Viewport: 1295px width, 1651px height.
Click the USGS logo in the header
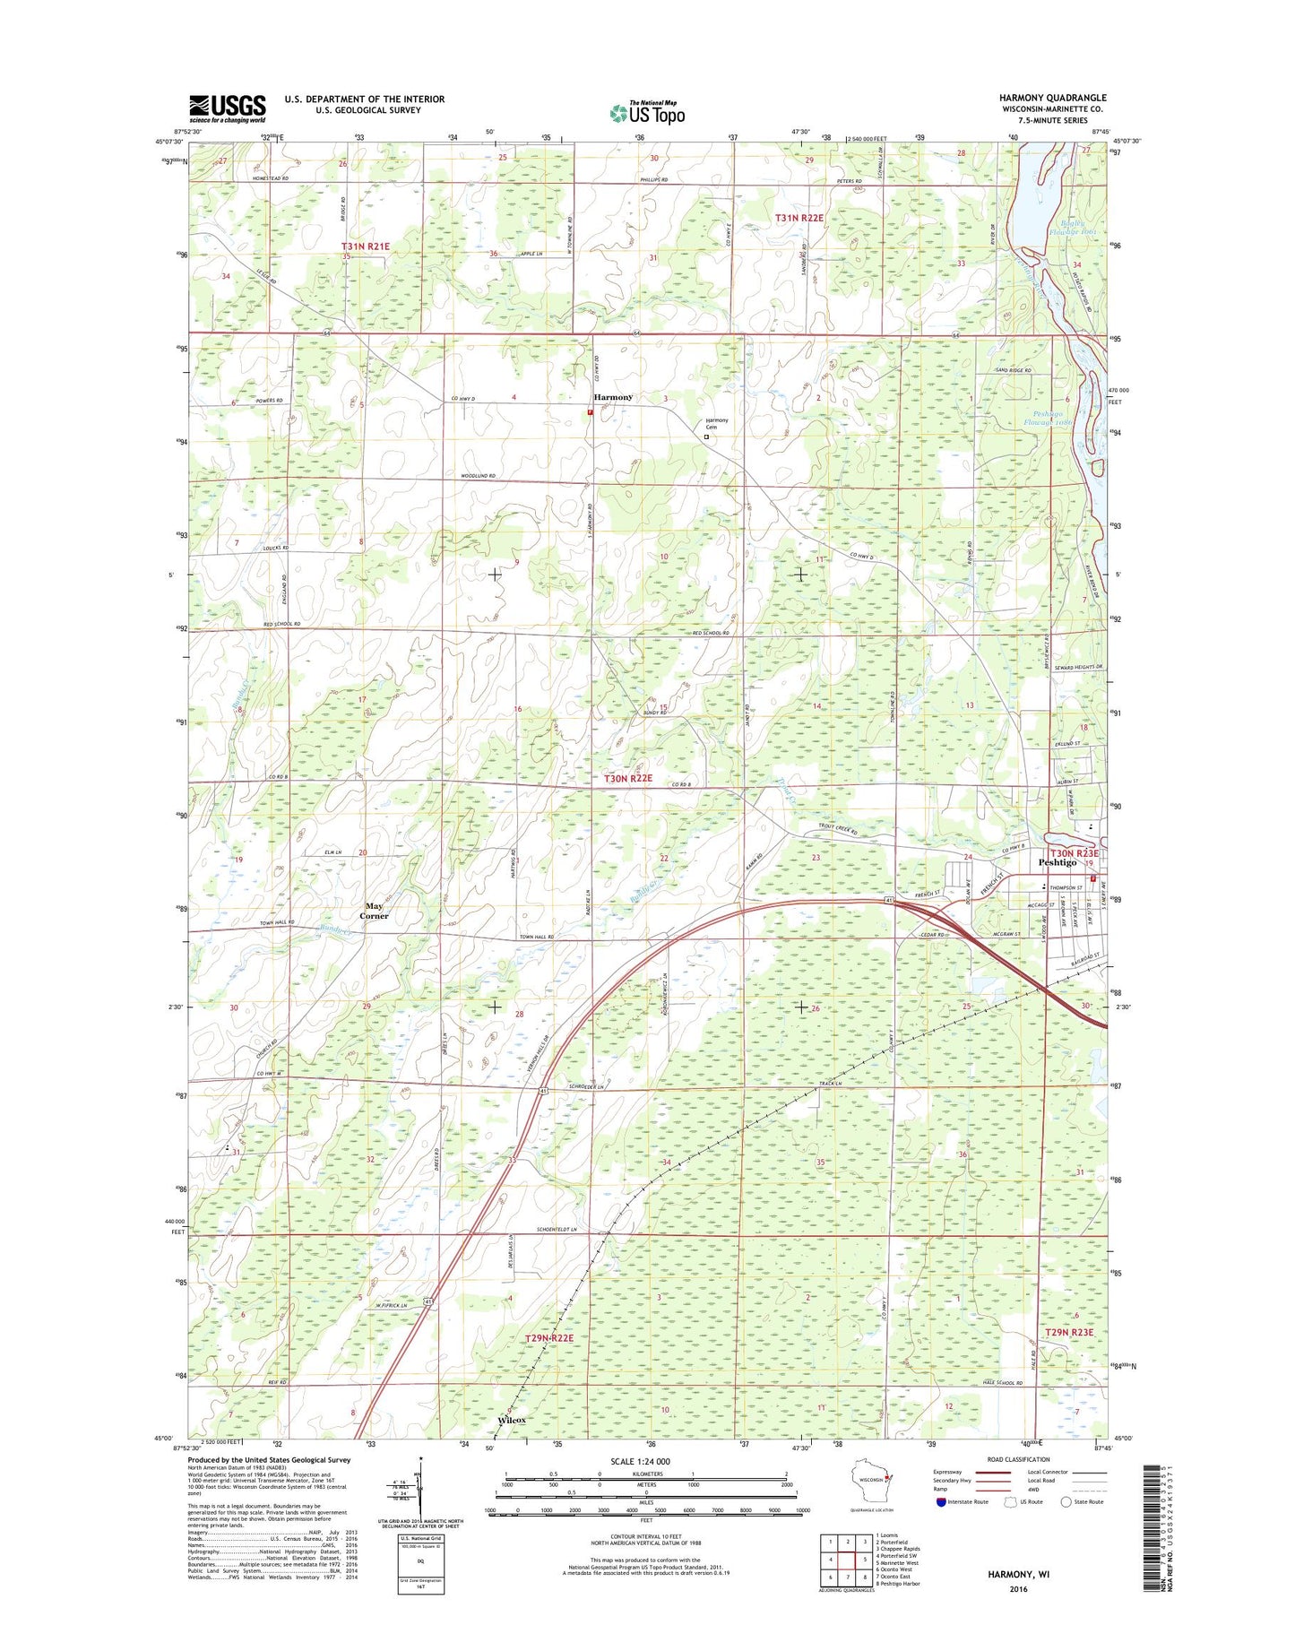[227, 108]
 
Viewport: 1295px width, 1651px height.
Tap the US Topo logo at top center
[647, 113]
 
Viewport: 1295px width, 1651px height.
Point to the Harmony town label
[613, 397]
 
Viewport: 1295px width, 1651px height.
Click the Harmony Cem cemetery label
[716, 424]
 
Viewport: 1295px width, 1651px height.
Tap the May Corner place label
[375, 911]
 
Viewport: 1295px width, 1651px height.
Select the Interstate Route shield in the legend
[940, 1501]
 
